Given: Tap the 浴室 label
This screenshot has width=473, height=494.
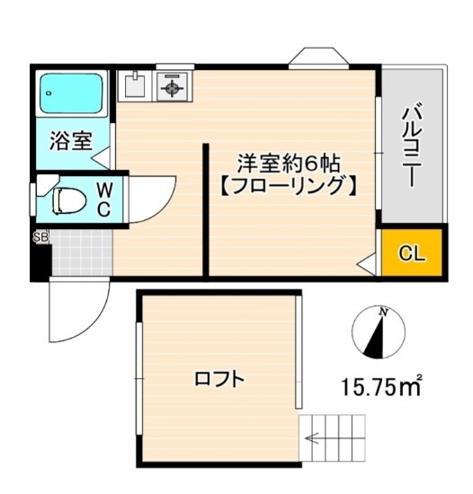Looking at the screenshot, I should pyautogui.click(x=70, y=141).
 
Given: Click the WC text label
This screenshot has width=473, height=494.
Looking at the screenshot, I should pyautogui.click(x=103, y=198).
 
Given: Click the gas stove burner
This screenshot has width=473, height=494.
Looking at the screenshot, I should pyautogui.click(x=171, y=86).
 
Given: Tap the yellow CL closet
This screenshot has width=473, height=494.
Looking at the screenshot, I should pyautogui.click(x=411, y=252).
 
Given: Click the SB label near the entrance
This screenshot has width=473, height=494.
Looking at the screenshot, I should pyautogui.click(x=40, y=237).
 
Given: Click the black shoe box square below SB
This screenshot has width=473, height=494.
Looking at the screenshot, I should pyautogui.click(x=40, y=260).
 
